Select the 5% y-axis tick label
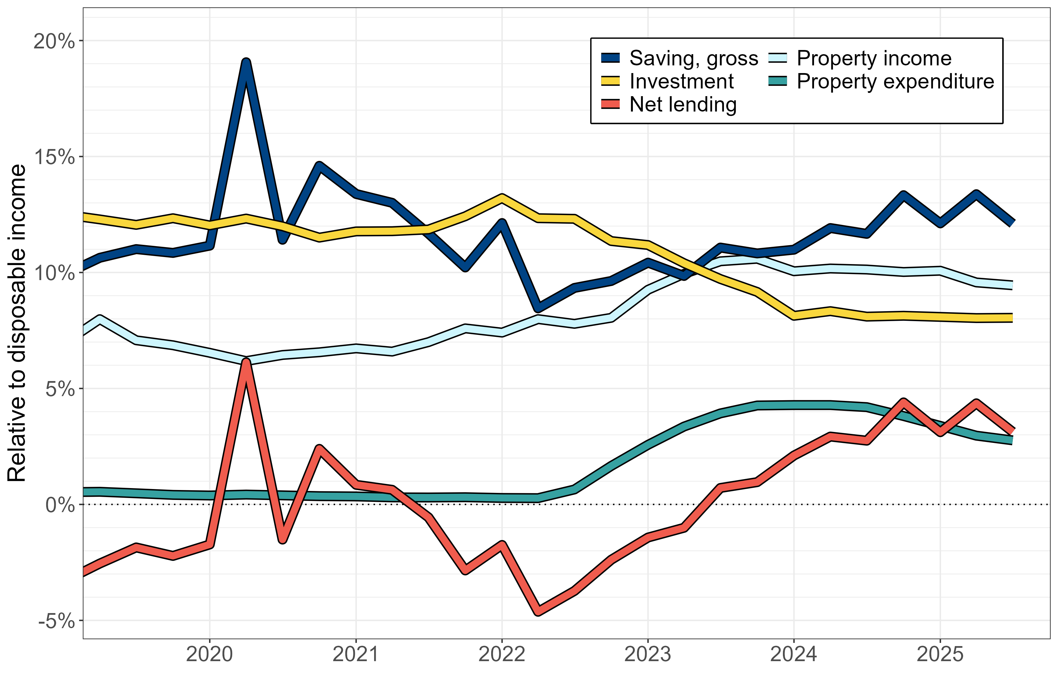click(x=60, y=389)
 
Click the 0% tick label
click(x=60, y=505)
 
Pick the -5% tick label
click(x=56, y=621)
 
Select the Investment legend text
click(x=681, y=81)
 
